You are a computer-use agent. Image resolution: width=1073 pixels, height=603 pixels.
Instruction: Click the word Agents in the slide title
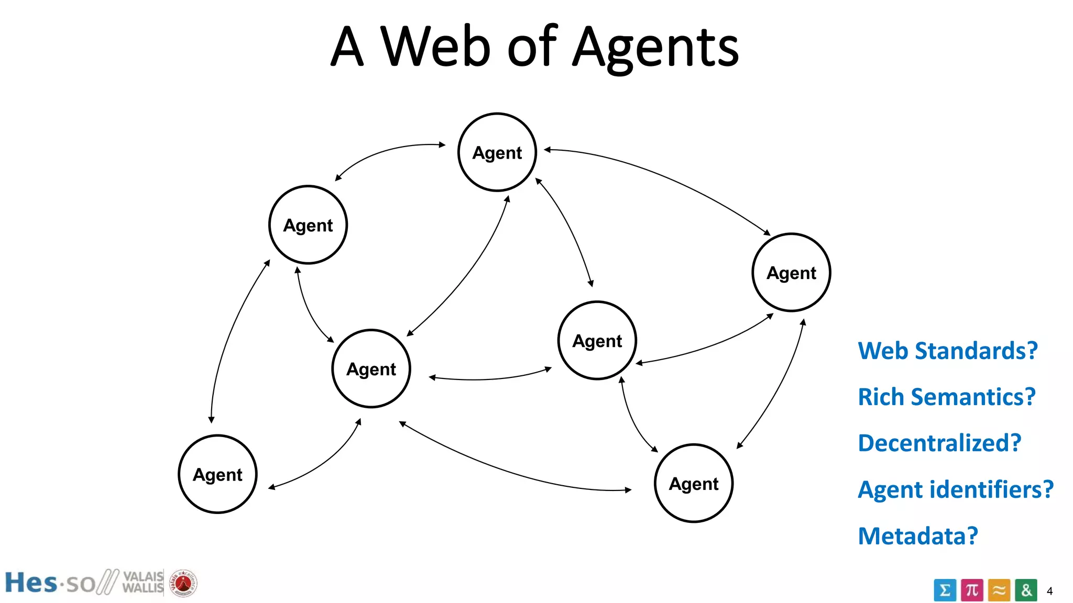[655, 48]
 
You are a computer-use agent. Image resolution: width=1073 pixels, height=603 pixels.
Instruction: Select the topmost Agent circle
[497, 152]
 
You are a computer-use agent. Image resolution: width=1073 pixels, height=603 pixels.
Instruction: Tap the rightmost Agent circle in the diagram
[791, 273]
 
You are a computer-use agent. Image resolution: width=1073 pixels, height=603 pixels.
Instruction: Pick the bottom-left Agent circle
[218, 474]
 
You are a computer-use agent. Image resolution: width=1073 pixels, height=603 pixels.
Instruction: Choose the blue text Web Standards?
[947, 351]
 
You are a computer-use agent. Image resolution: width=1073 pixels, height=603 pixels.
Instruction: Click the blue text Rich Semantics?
[946, 397]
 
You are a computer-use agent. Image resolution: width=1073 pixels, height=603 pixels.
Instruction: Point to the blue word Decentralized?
[939, 443]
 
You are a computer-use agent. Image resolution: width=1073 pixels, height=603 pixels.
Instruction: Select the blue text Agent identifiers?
[955, 489]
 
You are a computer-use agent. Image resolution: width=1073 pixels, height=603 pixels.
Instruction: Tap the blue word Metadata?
[918, 536]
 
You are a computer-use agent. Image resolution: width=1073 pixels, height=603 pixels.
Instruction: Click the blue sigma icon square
[945, 590]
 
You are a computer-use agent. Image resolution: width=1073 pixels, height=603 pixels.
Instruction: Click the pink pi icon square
[972, 590]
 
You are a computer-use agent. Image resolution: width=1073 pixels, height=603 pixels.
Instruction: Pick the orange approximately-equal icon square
[999, 590]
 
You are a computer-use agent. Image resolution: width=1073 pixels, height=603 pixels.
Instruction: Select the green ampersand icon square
[1026, 590]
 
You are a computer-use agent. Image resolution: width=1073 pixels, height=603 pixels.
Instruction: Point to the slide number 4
[1049, 591]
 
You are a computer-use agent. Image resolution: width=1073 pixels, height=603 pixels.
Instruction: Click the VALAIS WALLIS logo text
[143, 582]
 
